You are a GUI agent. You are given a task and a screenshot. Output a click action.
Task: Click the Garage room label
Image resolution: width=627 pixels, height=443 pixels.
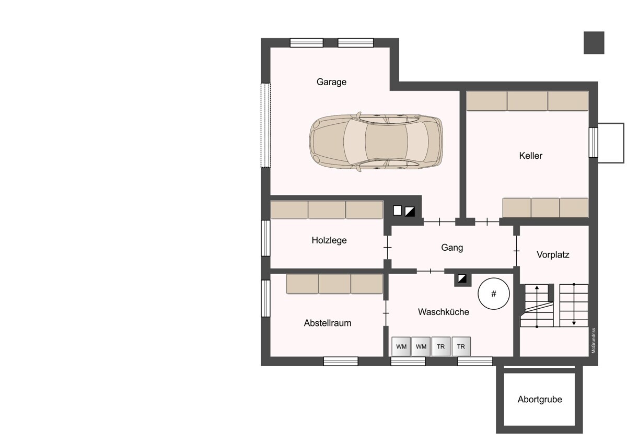(x=331, y=82)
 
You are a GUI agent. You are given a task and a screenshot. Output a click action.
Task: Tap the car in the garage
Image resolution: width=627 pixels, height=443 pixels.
(x=376, y=142)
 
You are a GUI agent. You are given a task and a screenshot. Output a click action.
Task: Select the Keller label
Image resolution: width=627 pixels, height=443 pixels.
(x=530, y=156)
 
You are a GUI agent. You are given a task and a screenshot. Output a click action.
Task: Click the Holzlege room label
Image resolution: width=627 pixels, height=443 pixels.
(x=329, y=240)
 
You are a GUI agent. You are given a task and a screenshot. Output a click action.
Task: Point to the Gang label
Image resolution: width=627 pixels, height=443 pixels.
(x=452, y=248)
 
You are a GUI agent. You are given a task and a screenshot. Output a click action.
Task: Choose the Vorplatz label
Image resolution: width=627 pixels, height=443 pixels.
(x=553, y=254)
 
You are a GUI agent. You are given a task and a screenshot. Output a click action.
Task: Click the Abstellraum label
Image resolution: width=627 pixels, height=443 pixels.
(x=328, y=323)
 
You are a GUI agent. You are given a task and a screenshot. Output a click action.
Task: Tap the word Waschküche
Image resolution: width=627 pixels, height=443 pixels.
(x=444, y=312)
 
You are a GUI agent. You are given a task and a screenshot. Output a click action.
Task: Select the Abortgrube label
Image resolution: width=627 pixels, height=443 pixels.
(x=540, y=399)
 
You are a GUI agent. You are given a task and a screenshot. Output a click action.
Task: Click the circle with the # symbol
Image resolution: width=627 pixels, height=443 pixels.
(x=494, y=294)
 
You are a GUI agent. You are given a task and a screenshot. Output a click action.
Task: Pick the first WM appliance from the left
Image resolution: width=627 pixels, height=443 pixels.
(x=401, y=346)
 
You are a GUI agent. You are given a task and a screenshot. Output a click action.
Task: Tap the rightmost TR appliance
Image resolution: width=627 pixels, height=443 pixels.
(x=461, y=346)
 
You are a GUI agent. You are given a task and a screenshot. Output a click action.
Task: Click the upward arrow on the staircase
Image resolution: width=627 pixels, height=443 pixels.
(x=537, y=306)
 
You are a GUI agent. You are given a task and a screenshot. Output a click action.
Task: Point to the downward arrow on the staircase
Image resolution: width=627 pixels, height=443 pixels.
(x=574, y=305)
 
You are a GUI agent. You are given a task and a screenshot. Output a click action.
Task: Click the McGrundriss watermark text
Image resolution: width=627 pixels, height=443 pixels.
(x=594, y=341)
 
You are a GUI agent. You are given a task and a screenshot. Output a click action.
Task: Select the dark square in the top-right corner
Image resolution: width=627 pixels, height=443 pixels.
(x=594, y=43)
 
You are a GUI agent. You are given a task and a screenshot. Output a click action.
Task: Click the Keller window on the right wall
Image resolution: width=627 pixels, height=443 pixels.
(x=593, y=142)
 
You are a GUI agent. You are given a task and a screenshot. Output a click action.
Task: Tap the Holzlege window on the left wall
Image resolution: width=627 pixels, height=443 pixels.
(x=265, y=238)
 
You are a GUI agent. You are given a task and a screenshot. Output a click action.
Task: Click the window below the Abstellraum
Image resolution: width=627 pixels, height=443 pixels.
(x=341, y=362)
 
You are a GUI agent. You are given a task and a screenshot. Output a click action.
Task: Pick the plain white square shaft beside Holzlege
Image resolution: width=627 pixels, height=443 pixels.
(x=397, y=211)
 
